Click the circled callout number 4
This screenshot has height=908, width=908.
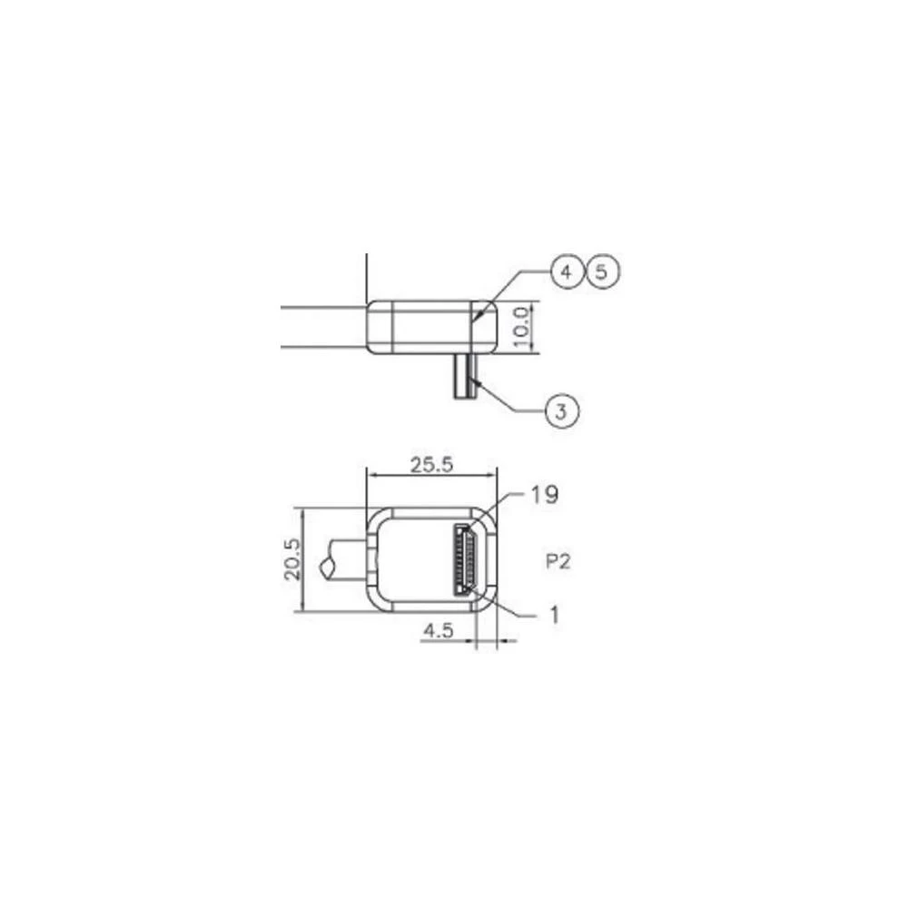click(567, 271)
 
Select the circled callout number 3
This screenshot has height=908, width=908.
click(562, 411)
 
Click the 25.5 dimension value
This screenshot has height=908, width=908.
click(431, 465)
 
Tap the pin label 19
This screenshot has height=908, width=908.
click(545, 495)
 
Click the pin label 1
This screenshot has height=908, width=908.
click(553, 615)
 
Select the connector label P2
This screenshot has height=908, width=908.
click(558, 561)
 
